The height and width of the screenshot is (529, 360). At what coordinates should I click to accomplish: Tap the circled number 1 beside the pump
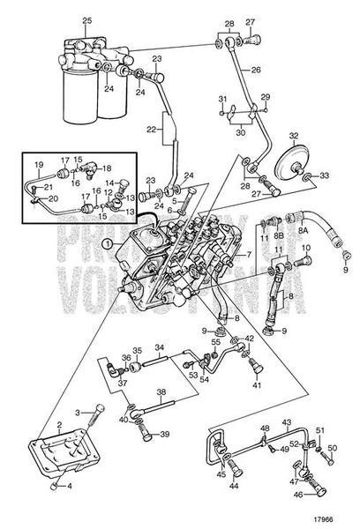coord(107,244)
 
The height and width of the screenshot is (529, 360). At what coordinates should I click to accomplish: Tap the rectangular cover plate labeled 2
coord(67,451)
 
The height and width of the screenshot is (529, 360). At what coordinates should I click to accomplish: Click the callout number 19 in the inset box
coord(39,165)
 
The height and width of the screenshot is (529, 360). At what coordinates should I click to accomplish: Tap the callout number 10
coord(308,248)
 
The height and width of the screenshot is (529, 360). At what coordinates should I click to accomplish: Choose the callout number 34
coord(161,347)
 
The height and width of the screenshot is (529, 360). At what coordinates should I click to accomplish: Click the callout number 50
coord(334,448)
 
